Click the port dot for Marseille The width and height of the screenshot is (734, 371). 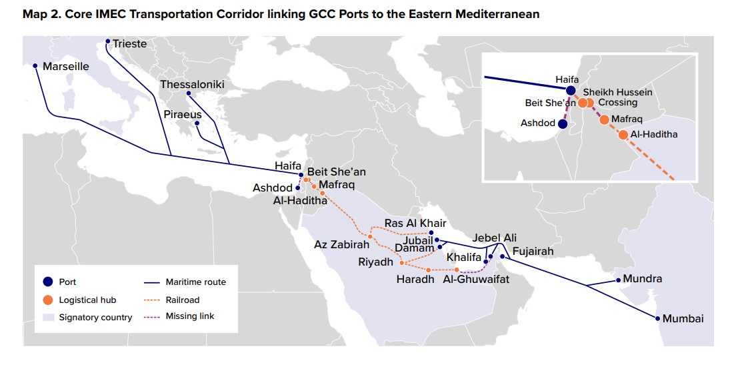[x=35, y=66]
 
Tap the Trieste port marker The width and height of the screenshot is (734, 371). [x=107, y=42]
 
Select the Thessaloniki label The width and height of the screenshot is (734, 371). [x=192, y=85]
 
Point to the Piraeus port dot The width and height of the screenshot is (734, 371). [x=197, y=123]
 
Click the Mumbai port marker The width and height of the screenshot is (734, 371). [x=658, y=318]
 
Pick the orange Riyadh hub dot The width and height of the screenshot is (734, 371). [x=401, y=262]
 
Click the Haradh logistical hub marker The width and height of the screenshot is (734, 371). [x=427, y=269]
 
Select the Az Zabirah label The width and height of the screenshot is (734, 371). [x=342, y=245]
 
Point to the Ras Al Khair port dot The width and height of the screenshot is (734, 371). [x=431, y=233]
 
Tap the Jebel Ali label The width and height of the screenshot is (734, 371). [x=494, y=238]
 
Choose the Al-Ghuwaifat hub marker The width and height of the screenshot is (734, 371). [x=457, y=270]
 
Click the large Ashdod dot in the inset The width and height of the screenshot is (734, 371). [x=563, y=123]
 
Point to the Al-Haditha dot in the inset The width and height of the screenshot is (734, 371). [x=623, y=135]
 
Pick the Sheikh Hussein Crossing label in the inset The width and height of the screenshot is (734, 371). [x=618, y=97]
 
